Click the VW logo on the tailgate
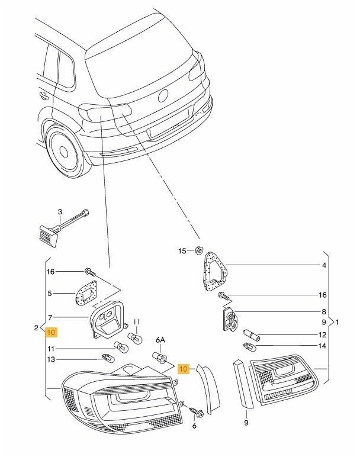(x=163, y=96)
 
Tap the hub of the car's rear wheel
(x=63, y=152)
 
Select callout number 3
(x=60, y=211)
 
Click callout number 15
(x=182, y=250)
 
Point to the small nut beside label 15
(x=199, y=250)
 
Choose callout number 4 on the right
(x=324, y=265)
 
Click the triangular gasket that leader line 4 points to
(x=214, y=272)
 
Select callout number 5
(x=50, y=293)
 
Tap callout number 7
(x=50, y=317)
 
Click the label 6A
(x=160, y=340)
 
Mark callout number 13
(x=51, y=359)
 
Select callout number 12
(x=322, y=334)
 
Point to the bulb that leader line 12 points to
(x=252, y=334)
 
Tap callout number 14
(x=322, y=346)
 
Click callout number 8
(x=324, y=312)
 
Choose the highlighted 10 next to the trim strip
(x=184, y=369)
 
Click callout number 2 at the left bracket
(x=36, y=328)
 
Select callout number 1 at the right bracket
(x=337, y=323)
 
